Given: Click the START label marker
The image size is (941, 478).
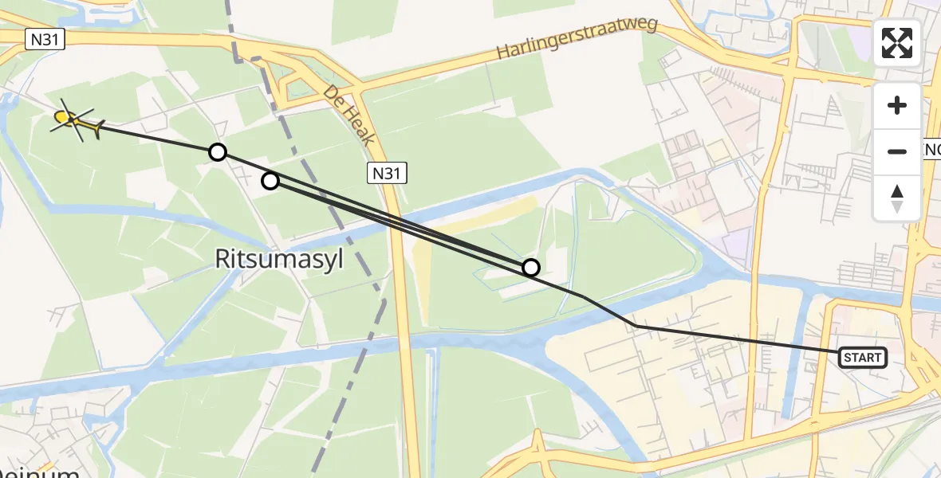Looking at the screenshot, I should pos(862,358).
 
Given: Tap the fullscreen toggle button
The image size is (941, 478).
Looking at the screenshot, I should pos(897,43).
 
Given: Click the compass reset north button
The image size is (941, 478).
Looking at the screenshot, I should pos(897,198).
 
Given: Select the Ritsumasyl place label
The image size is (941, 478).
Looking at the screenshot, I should pos(279,259).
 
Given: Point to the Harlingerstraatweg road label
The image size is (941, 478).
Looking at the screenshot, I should pos(577,38).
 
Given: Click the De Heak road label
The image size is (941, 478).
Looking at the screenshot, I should pos(348,116).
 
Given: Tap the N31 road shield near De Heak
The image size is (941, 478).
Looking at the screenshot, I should pos(388,172).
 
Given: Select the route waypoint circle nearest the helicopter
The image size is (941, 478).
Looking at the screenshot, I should pos(217,152).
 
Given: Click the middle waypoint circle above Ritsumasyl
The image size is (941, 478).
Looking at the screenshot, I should pos(270,181).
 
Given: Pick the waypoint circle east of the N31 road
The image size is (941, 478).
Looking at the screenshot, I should pos(531,268).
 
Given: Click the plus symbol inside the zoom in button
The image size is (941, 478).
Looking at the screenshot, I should pos(897,105).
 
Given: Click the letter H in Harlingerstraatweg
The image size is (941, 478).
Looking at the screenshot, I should pos(503,53).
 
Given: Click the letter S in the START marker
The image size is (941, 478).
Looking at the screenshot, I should pos(848,358).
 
